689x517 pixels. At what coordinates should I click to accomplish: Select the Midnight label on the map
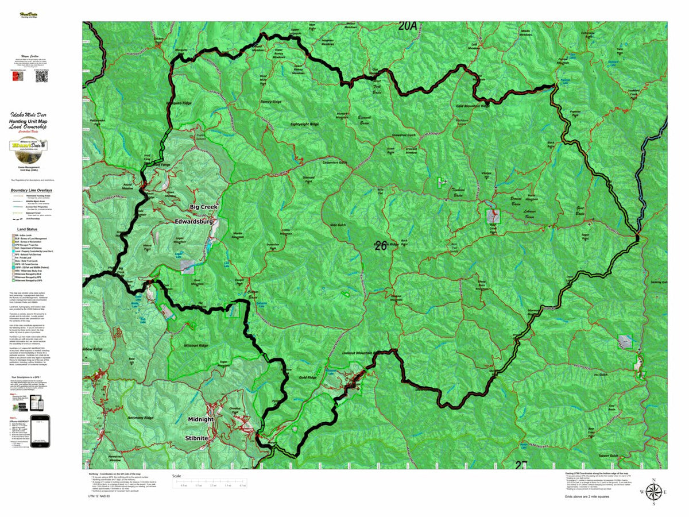pos(200,419)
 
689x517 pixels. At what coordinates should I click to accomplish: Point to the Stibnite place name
pos(200,438)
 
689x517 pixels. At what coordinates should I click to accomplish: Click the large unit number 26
pos(380,246)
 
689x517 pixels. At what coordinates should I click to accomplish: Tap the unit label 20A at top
pos(409,26)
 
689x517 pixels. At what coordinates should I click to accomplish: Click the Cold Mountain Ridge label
pos(473,106)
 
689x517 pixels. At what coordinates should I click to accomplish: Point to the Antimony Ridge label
pos(140,418)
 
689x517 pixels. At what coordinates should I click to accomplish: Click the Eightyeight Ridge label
pos(304,124)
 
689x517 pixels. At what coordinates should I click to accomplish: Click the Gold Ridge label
pos(308,377)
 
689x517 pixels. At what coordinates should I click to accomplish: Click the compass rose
pos(653,492)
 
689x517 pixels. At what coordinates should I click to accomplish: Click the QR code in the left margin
pos(40,76)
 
